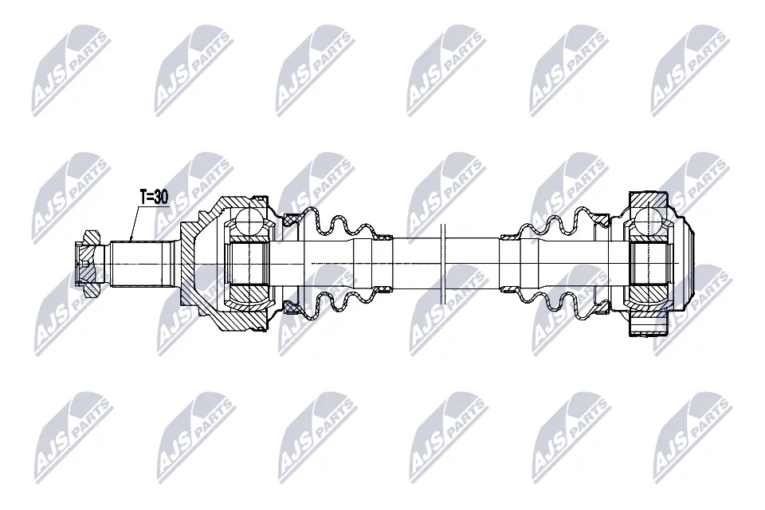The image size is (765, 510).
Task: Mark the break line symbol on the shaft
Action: point(444,262)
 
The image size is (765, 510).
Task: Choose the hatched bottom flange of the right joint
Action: point(647,326)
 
